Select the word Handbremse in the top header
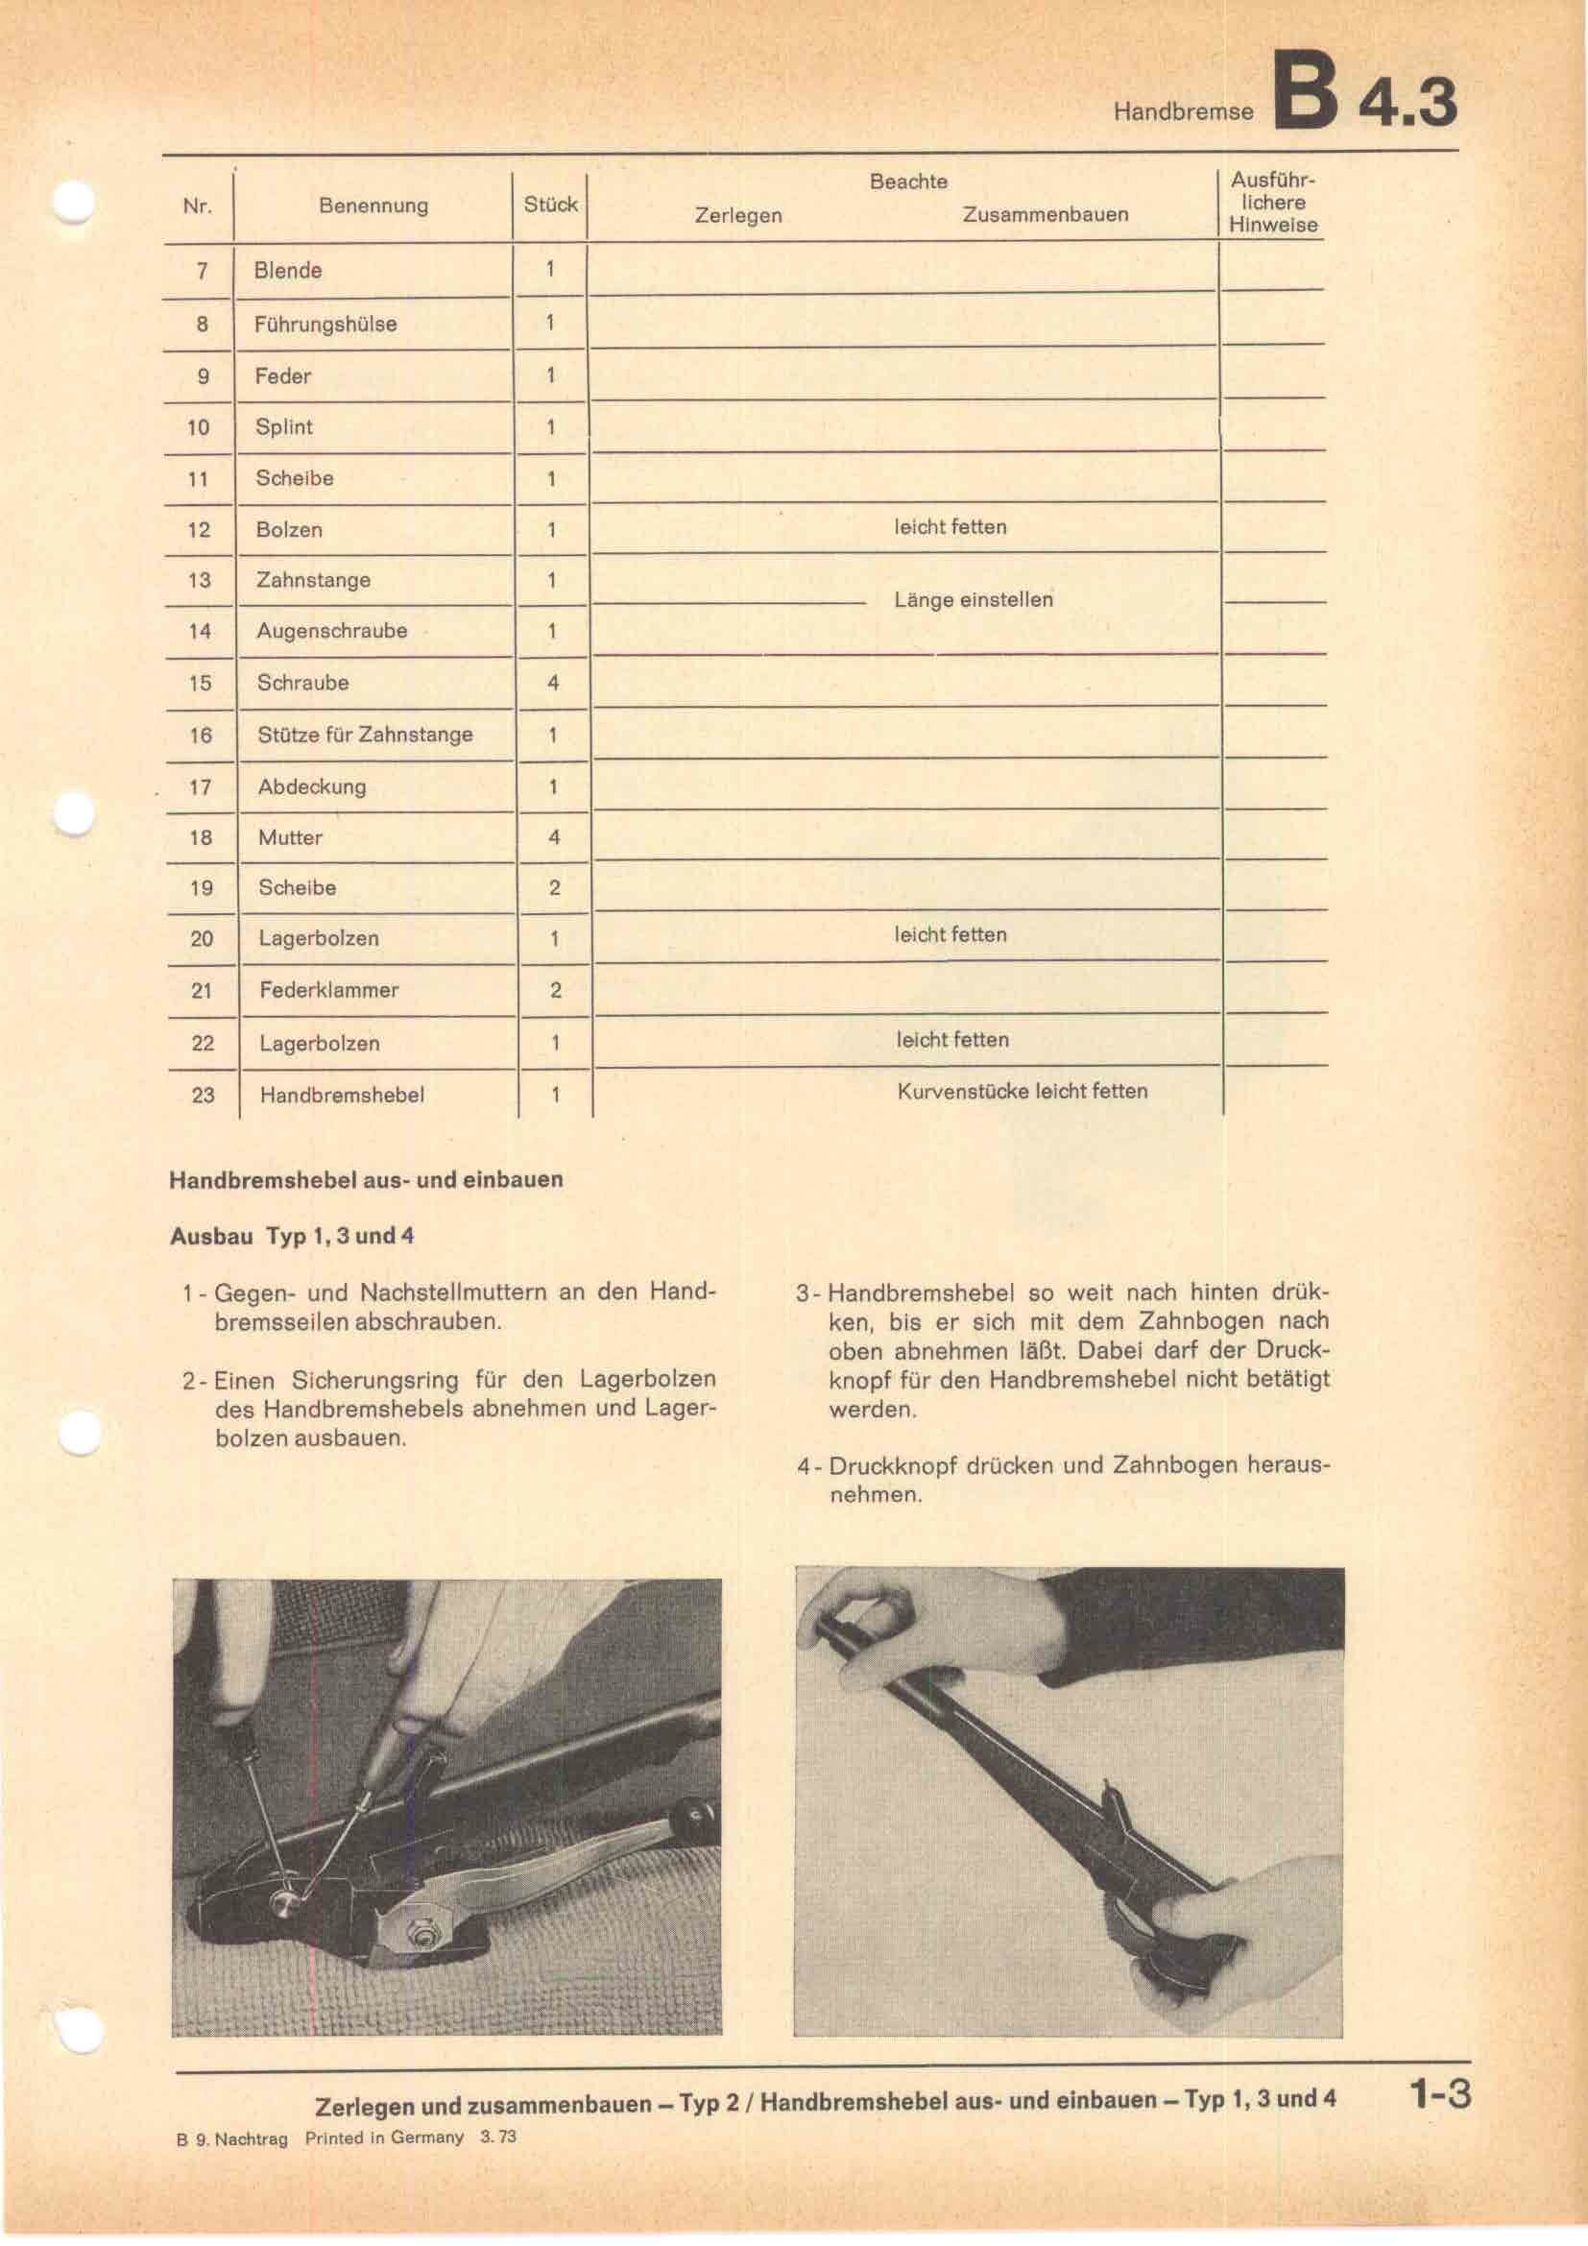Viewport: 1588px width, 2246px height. click(x=1182, y=111)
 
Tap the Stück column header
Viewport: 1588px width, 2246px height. click(x=550, y=205)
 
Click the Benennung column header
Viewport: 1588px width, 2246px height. click(x=373, y=205)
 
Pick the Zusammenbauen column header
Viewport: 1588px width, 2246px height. click(x=1045, y=214)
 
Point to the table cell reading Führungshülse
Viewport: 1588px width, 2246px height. click(x=325, y=324)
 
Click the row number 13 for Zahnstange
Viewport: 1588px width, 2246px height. click(x=200, y=580)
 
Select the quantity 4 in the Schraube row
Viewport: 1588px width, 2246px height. click(x=552, y=683)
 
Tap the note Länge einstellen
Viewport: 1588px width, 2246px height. click(x=973, y=599)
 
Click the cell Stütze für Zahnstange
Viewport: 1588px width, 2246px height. click(x=365, y=735)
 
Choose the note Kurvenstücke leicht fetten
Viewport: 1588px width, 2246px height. click(x=1022, y=1091)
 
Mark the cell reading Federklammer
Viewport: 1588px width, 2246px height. click(x=328, y=990)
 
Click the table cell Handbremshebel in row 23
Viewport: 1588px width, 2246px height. click(x=341, y=1095)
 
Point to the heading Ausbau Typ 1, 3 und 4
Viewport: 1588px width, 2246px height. click(x=292, y=1236)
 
